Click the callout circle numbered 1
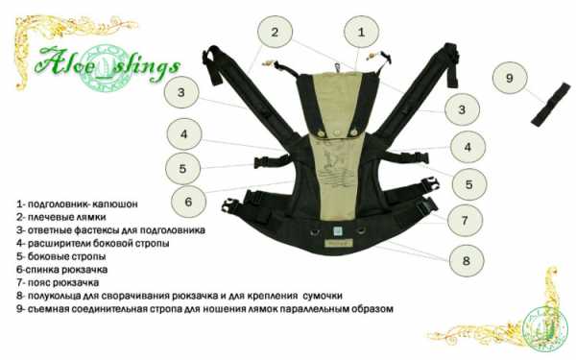[361, 32]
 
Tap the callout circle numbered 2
[275, 32]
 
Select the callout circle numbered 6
[188, 202]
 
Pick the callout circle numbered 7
[465, 221]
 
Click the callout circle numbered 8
[467, 261]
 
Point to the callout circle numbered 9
[510, 78]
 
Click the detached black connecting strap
[551, 105]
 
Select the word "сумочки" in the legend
[323, 296]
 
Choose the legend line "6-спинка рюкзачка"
[61, 270]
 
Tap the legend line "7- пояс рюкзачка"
[58, 283]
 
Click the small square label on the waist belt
[337, 230]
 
